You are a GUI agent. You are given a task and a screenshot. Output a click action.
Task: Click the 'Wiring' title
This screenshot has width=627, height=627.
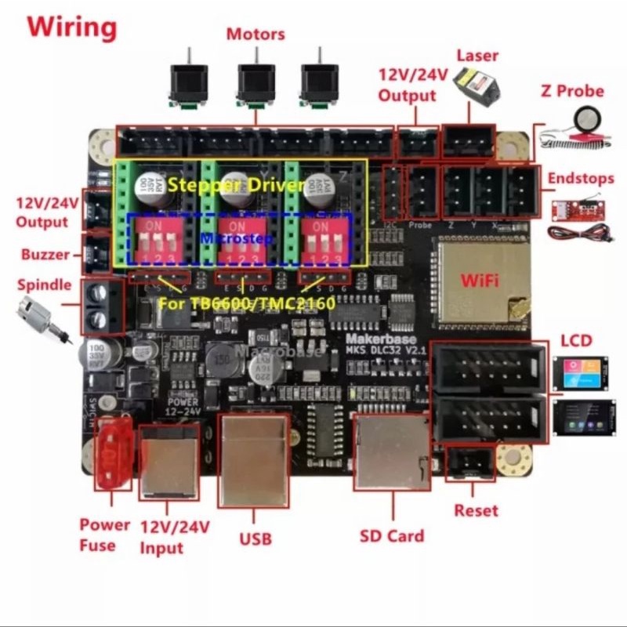[71, 27]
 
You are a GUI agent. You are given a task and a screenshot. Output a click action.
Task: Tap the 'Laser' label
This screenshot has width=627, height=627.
[477, 56]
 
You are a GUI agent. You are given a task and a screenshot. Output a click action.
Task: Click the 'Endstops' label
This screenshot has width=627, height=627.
[581, 178]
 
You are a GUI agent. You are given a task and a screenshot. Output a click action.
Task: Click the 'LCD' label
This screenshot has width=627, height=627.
[576, 342]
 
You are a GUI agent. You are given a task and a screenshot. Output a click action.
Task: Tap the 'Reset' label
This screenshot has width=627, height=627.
[476, 510]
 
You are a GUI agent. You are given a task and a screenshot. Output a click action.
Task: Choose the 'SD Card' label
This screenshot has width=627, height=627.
[392, 536]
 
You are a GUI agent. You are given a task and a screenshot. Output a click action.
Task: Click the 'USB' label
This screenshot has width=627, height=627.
[255, 538]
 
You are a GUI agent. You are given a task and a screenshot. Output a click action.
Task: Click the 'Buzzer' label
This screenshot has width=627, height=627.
[46, 255]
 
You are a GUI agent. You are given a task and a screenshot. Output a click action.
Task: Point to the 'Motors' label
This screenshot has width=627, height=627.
[256, 34]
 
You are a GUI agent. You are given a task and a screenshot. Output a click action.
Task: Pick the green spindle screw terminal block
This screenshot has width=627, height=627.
[103, 306]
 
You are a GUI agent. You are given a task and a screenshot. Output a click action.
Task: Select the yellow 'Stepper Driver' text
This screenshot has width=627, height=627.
[236, 186]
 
